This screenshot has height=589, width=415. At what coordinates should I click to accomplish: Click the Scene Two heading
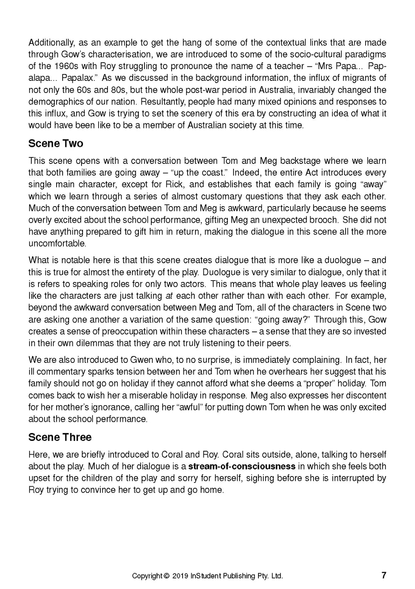pyautogui.click(x=56, y=144)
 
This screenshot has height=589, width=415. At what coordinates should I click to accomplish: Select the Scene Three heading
pyautogui.click(x=60, y=437)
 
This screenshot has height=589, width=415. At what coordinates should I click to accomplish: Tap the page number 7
pyautogui.click(x=384, y=575)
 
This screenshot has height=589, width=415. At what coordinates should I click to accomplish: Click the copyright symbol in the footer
pyautogui.click(x=166, y=576)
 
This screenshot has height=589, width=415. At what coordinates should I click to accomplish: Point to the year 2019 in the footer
pyautogui.click(x=180, y=576)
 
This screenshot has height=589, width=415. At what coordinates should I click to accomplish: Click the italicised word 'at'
pyautogui.click(x=169, y=296)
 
